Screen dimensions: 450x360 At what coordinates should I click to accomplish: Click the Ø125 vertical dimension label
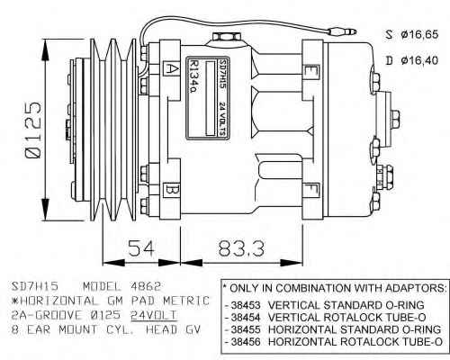pos(33,130)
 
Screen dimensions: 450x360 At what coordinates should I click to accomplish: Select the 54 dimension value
pos(141,248)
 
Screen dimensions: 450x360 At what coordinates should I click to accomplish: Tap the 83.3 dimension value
pos(241,248)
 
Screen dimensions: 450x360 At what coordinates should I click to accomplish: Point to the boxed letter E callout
pos(311,72)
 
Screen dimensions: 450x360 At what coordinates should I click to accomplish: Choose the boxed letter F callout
pos(311,190)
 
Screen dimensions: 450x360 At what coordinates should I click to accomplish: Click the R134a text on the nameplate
pos(194,76)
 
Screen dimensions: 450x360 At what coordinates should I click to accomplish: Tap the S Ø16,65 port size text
pos(411,35)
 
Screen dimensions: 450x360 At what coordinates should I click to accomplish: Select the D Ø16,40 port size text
pos(411,60)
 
